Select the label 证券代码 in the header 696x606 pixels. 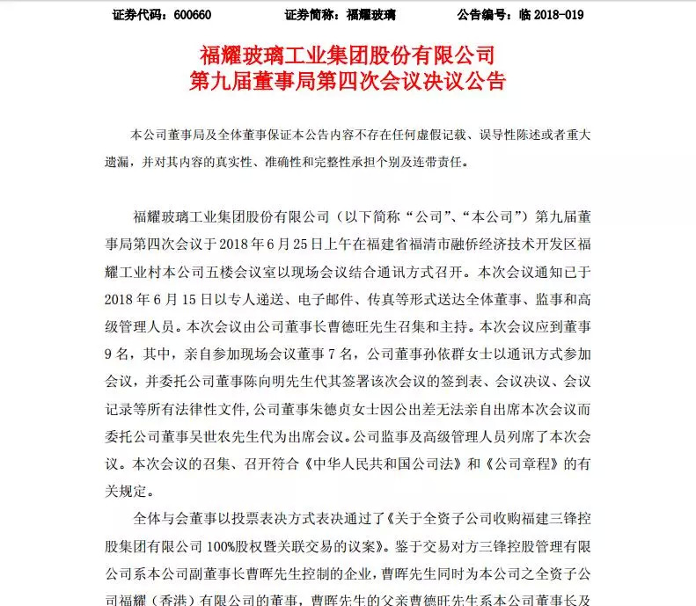(140, 15)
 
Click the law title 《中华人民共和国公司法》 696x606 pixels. (358, 462)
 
